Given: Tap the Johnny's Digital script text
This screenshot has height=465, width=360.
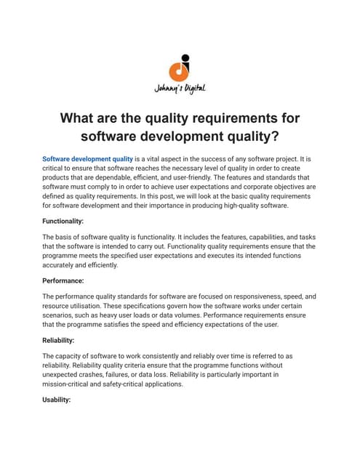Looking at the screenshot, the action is click(x=180, y=89).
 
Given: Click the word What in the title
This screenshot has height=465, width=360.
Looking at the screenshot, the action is click(x=81, y=118).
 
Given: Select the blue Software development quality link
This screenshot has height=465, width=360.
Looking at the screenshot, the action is click(x=87, y=158).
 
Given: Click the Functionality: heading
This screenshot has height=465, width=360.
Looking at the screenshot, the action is click(x=63, y=220).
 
